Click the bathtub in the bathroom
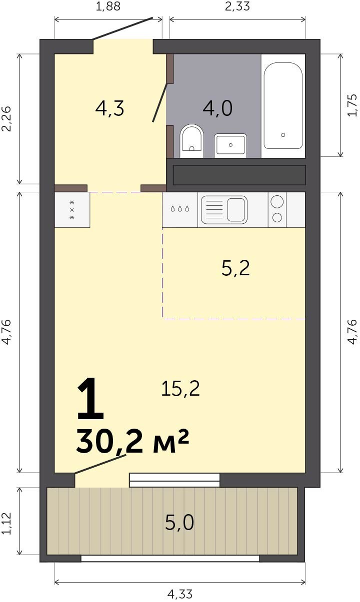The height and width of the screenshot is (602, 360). click(x=283, y=105)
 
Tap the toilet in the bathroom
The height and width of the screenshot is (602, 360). click(x=191, y=141)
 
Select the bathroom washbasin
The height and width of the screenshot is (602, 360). click(x=230, y=145)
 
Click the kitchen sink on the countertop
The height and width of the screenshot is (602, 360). click(x=224, y=210)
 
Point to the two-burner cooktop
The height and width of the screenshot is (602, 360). click(x=277, y=210)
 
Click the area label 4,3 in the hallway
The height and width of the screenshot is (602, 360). click(x=109, y=109)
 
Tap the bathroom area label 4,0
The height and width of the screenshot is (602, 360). click(x=217, y=108)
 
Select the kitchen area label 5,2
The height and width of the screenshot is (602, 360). click(x=235, y=268)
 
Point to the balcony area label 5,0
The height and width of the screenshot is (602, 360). click(x=179, y=523)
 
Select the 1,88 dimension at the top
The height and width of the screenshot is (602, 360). click(x=108, y=6)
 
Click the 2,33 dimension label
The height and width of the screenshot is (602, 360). click(x=237, y=6)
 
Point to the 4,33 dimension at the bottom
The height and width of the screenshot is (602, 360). click(x=180, y=594)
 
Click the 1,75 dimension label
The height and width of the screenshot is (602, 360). click(x=352, y=105)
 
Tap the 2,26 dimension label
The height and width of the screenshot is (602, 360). click(x=6, y=118)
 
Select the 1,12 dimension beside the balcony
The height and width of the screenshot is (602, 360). click(x=6, y=523)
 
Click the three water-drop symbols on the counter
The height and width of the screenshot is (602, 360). click(x=179, y=208)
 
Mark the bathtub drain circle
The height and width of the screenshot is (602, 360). click(x=283, y=135)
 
